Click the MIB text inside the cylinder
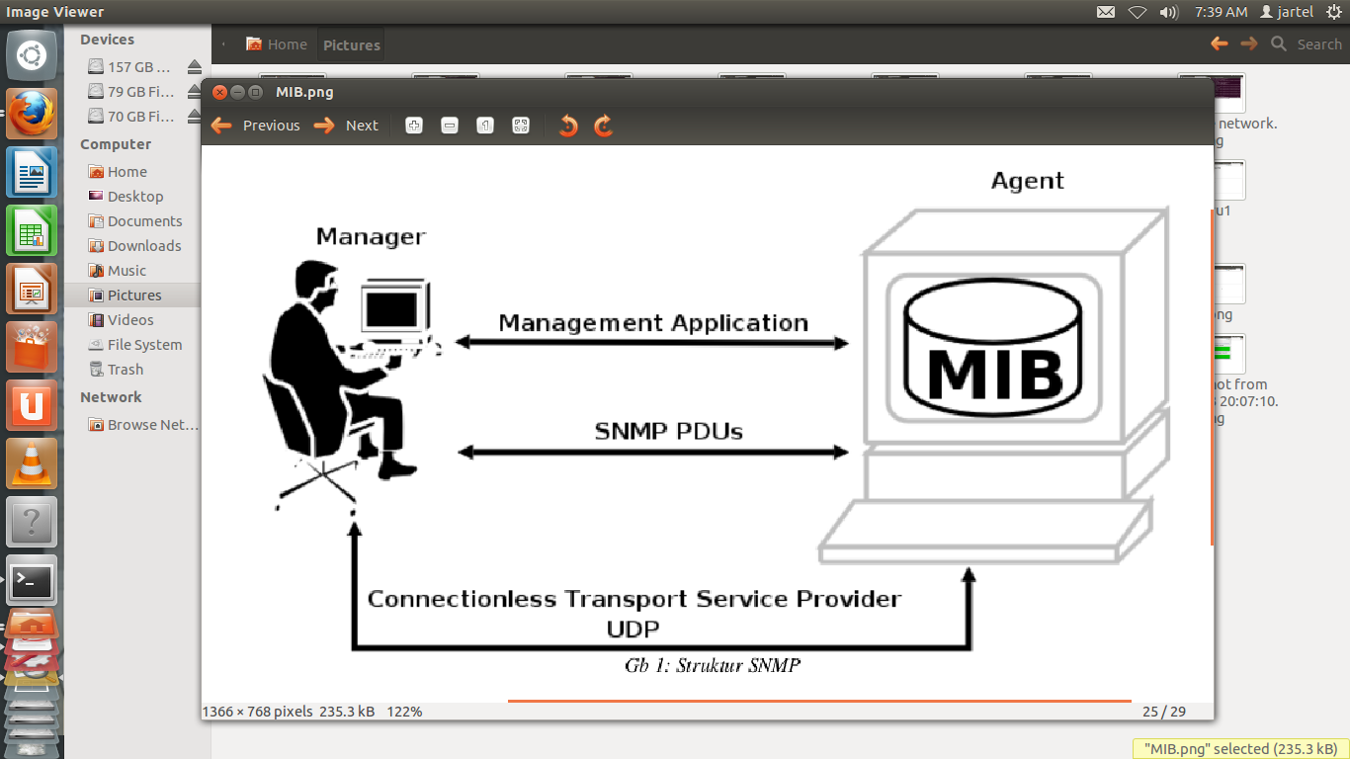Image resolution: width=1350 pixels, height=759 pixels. (x=994, y=373)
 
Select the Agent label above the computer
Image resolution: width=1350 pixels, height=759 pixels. (x=1028, y=181)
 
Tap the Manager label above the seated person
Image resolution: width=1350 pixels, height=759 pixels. (x=371, y=236)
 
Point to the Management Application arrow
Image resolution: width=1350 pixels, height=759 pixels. (x=652, y=343)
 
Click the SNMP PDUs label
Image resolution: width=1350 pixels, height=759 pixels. (x=668, y=431)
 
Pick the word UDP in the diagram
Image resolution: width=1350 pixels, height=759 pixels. (x=633, y=629)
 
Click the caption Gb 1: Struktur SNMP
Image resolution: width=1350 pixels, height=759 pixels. (x=712, y=665)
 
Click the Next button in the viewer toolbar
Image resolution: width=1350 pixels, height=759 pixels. (x=347, y=126)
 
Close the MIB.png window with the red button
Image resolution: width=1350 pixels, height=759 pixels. (x=220, y=92)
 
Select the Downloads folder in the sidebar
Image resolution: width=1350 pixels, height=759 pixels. (x=144, y=246)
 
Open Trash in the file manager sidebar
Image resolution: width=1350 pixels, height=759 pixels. (x=126, y=370)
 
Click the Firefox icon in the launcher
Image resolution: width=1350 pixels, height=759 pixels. (x=32, y=115)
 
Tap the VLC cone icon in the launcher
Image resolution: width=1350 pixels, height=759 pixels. (x=32, y=463)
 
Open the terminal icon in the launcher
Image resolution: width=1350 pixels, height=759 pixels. (x=32, y=582)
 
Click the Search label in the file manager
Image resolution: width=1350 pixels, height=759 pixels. (x=1318, y=44)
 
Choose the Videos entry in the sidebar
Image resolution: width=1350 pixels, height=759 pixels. (x=130, y=320)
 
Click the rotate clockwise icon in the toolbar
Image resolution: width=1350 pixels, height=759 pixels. (x=604, y=126)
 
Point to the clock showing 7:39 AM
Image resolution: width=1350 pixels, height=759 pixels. (x=1221, y=12)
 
